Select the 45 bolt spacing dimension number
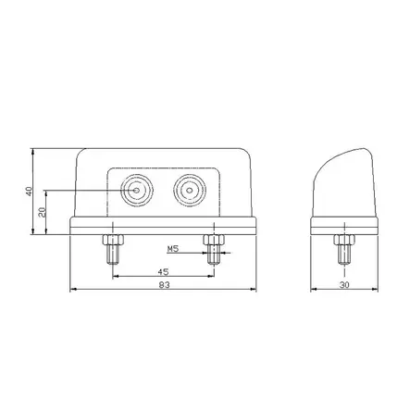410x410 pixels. [x=162, y=272]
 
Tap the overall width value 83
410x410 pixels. [x=163, y=286]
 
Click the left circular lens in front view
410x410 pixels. [x=139, y=191]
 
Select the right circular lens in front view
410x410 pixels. [x=189, y=191]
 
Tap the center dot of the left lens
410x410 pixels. [x=139, y=191]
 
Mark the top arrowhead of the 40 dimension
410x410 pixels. [x=35, y=152]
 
